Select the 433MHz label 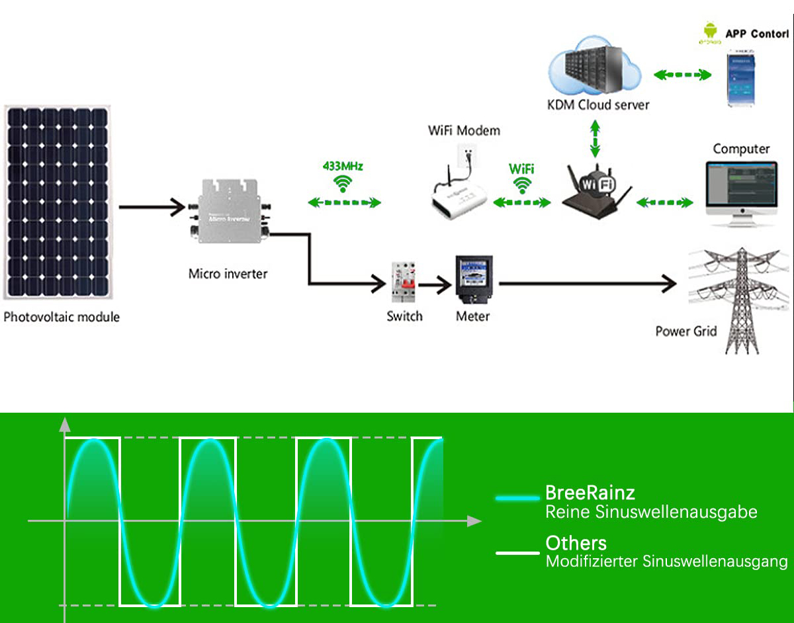[x=342, y=165]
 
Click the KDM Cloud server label [x=598, y=104]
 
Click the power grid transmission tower [x=738, y=301]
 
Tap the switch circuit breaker [x=404, y=283]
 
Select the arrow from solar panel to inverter [x=152, y=207]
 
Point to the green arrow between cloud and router [x=596, y=140]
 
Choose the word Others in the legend [x=576, y=543]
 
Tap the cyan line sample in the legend [x=517, y=497]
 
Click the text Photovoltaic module [x=62, y=317]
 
